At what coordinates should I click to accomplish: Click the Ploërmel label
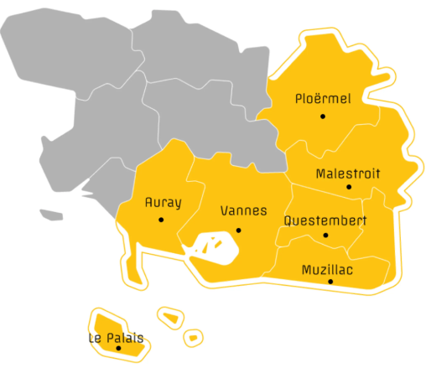323,99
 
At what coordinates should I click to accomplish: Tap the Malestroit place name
347,174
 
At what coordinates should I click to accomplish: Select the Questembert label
325,221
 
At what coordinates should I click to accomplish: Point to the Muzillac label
327,269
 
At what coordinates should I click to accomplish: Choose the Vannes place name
242,211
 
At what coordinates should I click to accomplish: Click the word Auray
163,202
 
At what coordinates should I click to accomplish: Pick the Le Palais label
115,338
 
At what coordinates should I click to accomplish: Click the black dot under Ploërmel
322,116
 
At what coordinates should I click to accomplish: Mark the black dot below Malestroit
350,187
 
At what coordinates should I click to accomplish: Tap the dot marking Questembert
325,234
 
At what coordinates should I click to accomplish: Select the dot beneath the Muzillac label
331,282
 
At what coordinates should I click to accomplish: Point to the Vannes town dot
239,230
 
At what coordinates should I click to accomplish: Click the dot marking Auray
161,220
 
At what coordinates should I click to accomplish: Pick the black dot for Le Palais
118,348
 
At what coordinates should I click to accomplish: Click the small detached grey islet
51,215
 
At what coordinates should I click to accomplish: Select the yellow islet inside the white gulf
220,245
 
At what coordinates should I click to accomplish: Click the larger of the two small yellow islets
170,318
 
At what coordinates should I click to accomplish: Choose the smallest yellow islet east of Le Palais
193,338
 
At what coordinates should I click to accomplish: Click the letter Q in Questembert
288,221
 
